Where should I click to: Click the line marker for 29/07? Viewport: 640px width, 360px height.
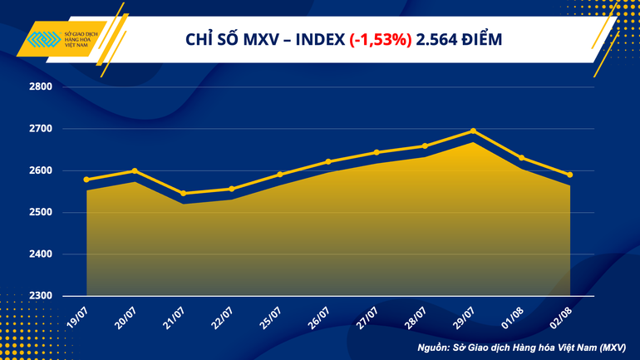point(473,131)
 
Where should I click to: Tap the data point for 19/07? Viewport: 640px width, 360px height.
point(86,180)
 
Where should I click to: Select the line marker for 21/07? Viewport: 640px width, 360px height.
point(183,194)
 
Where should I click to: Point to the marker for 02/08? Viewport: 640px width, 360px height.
point(570,175)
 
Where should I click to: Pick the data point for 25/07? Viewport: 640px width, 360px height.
point(280,175)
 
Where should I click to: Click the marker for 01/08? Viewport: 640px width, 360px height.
point(521,158)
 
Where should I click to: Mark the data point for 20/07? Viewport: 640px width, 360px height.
point(135,170)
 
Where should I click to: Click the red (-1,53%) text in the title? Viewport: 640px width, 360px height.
point(381,39)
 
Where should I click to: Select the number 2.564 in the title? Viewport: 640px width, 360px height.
point(436,39)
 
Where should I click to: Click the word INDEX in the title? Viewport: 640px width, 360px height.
point(318,39)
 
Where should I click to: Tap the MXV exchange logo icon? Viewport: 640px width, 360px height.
point(44,40)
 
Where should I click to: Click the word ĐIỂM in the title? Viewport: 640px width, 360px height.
point(484,39)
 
